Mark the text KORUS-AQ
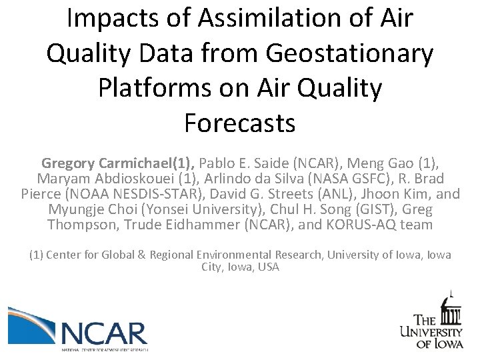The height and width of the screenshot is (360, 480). pyautogui.click(x=373, y=226)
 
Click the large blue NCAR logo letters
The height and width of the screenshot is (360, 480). pyautogui.click(x=103, y=332)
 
